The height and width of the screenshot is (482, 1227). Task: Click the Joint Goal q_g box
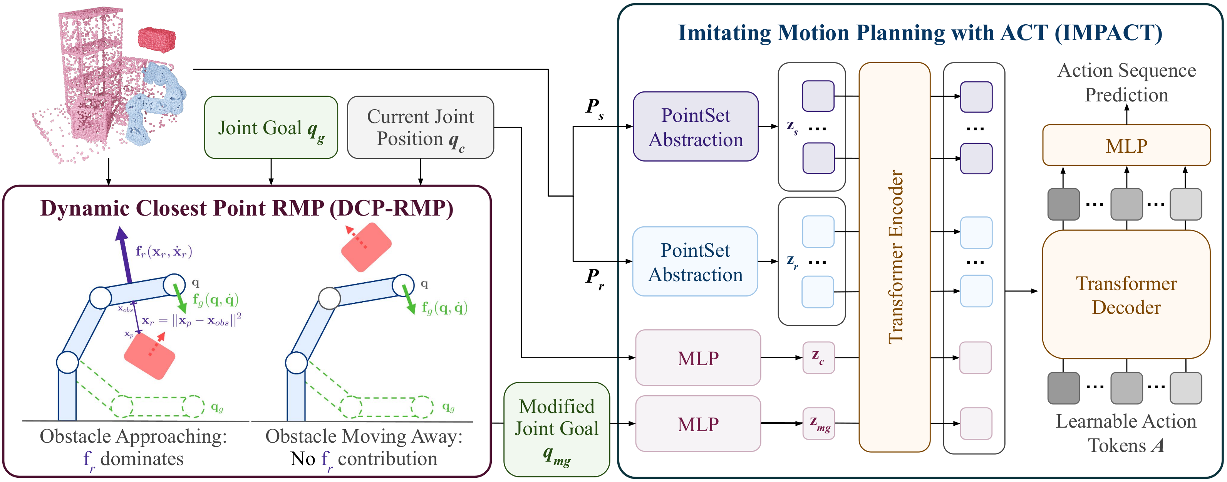(271, 127)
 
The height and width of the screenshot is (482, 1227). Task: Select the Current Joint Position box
(420, 127)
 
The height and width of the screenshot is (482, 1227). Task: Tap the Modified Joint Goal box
(557, 429)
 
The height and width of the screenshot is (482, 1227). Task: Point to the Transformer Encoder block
(894, 258)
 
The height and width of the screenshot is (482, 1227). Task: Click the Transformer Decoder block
(1126, 295)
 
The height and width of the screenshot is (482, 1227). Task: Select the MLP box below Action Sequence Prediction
(1126, 145)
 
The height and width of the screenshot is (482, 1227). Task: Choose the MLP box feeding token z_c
(697, 357)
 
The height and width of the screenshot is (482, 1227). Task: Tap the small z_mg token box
(818, 423)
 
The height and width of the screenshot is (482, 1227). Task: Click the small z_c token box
(818, 357)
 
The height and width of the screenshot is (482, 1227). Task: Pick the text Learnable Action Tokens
(1126, 433)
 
